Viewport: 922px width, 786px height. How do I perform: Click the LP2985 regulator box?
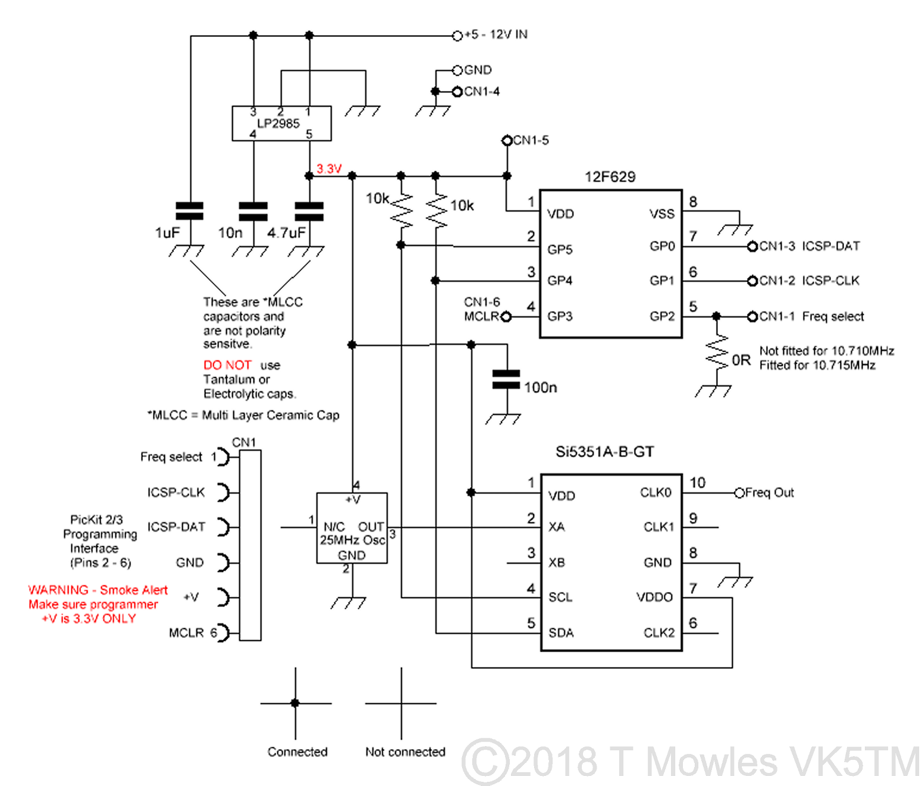pos(281,124)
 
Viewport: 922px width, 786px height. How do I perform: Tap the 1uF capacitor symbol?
pos(190,211)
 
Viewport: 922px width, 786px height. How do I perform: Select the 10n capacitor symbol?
pos(253,211)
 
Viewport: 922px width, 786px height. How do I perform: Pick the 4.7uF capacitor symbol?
pos(309,211)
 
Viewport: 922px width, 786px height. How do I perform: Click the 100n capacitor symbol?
pos(506,380)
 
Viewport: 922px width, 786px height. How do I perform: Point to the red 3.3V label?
pos(329,169)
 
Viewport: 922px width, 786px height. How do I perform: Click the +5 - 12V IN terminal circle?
pos(457,36)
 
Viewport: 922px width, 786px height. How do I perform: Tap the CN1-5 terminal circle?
pos(507,141)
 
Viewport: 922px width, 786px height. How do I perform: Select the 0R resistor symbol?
pos(717,352)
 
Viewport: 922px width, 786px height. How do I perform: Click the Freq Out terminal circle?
pos(739,493)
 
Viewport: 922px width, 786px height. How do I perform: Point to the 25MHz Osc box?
pos(352,528)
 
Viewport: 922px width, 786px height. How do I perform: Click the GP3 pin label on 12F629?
pos(560,316)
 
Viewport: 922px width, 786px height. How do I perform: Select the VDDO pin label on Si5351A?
pos(654,598)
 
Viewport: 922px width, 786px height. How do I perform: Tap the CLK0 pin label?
pos(656,493)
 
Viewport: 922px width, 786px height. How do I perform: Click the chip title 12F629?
pos(610,177)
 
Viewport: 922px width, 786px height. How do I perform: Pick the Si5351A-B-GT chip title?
pos(604,452)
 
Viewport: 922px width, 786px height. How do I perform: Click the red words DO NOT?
pos(227,365)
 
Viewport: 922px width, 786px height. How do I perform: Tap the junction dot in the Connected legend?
pos(295,703)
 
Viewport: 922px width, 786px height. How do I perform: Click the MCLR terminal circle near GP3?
pos(506,317)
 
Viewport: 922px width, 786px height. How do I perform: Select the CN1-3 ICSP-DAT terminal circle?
pos(752,246)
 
